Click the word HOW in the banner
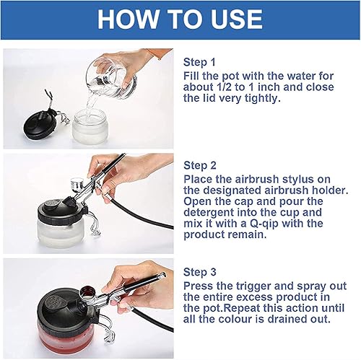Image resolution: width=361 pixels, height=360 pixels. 128,19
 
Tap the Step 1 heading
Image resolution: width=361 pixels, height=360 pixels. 199,62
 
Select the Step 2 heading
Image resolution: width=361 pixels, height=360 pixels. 200,165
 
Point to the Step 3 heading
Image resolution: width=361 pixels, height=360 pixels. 200,272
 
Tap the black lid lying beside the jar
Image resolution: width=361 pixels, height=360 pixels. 40,123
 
